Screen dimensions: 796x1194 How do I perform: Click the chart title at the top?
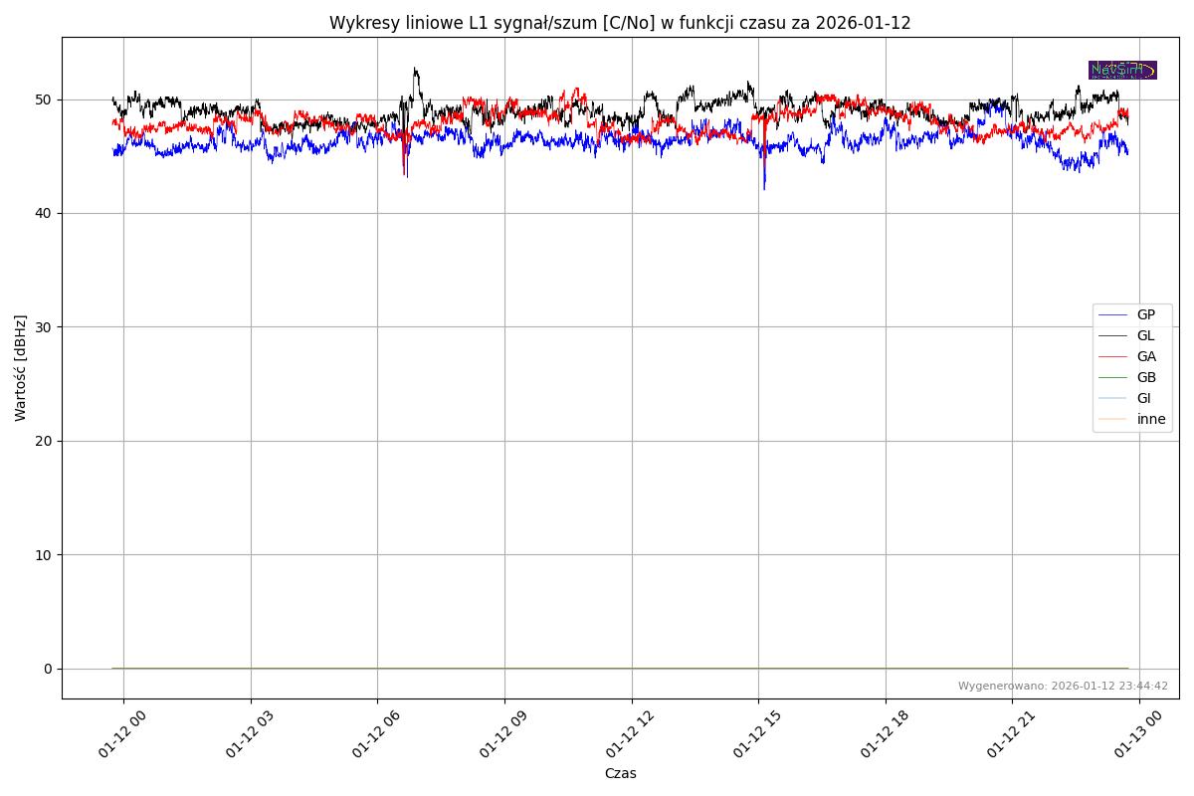click(x=620, y=23)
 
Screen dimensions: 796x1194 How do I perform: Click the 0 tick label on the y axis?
click(x=47, y=669)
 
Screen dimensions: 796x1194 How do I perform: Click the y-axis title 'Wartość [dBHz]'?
click(x=21, y=368)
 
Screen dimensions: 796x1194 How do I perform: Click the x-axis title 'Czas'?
click(x=620, y=773)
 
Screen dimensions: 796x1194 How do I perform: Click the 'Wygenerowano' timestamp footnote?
click(x=1063, y=686)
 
